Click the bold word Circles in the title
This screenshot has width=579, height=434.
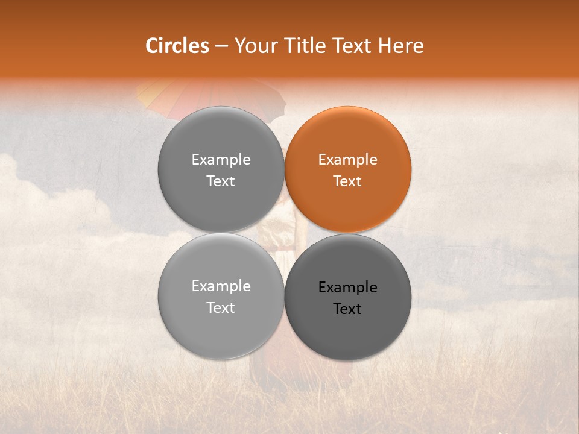pos(177,46)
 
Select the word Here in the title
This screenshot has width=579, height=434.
pos(401,46)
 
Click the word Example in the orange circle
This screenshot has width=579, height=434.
pos(348,160)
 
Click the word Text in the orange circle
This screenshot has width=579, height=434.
pos(348,181)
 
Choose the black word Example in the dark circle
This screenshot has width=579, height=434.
pos(348,288)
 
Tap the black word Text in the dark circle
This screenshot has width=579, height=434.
pos(348,309)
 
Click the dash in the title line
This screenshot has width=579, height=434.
pos(221,46)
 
